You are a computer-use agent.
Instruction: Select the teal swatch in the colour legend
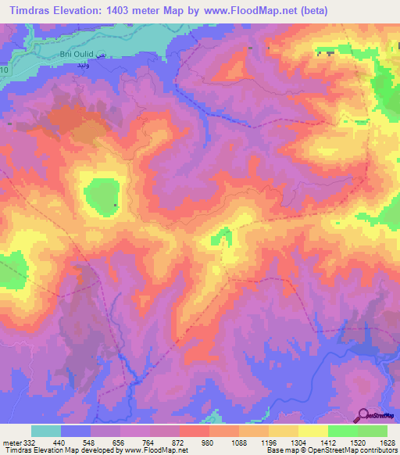tap(46, 431)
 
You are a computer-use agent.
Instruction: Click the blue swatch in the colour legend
tap(76, 431)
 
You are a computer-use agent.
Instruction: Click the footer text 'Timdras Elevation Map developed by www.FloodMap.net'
tap(95, 451)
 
